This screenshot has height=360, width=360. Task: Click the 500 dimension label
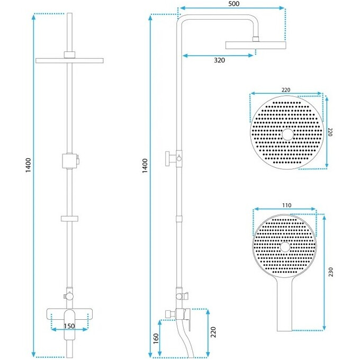pos(233,4)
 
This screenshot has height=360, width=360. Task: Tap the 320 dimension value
pos(219,60)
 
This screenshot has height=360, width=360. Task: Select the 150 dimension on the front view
pos(69,326)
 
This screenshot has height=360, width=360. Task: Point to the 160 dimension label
pos(156,338)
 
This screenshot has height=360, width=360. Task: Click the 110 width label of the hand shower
pos(286,205)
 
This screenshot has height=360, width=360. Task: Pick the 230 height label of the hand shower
pos(330,272)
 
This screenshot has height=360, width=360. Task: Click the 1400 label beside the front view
pos(28,165)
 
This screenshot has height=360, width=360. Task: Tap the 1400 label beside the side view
pos(145,166)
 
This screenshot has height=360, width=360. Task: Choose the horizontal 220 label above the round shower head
pos(286,90)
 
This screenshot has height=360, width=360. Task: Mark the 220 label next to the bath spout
pos(213,332)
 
